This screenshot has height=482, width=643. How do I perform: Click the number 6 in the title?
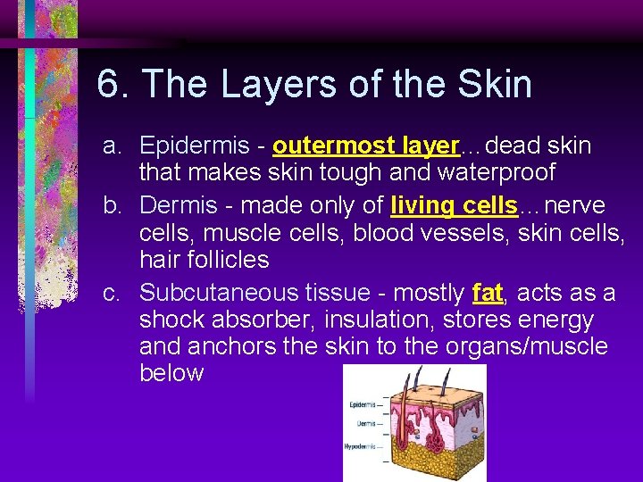click(x=109, y=85)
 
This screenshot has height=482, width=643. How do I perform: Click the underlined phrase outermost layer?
click(x=365, y=145)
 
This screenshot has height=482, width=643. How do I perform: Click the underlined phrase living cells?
click(x=455, y=205)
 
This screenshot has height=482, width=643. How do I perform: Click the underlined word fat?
click(x=487, y=292)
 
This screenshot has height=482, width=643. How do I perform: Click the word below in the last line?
click(x=171, y=372)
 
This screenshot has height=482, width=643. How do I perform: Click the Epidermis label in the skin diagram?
click(x=363, y=404)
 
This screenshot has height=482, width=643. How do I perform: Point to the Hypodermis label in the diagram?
click(x=362, y=445)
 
